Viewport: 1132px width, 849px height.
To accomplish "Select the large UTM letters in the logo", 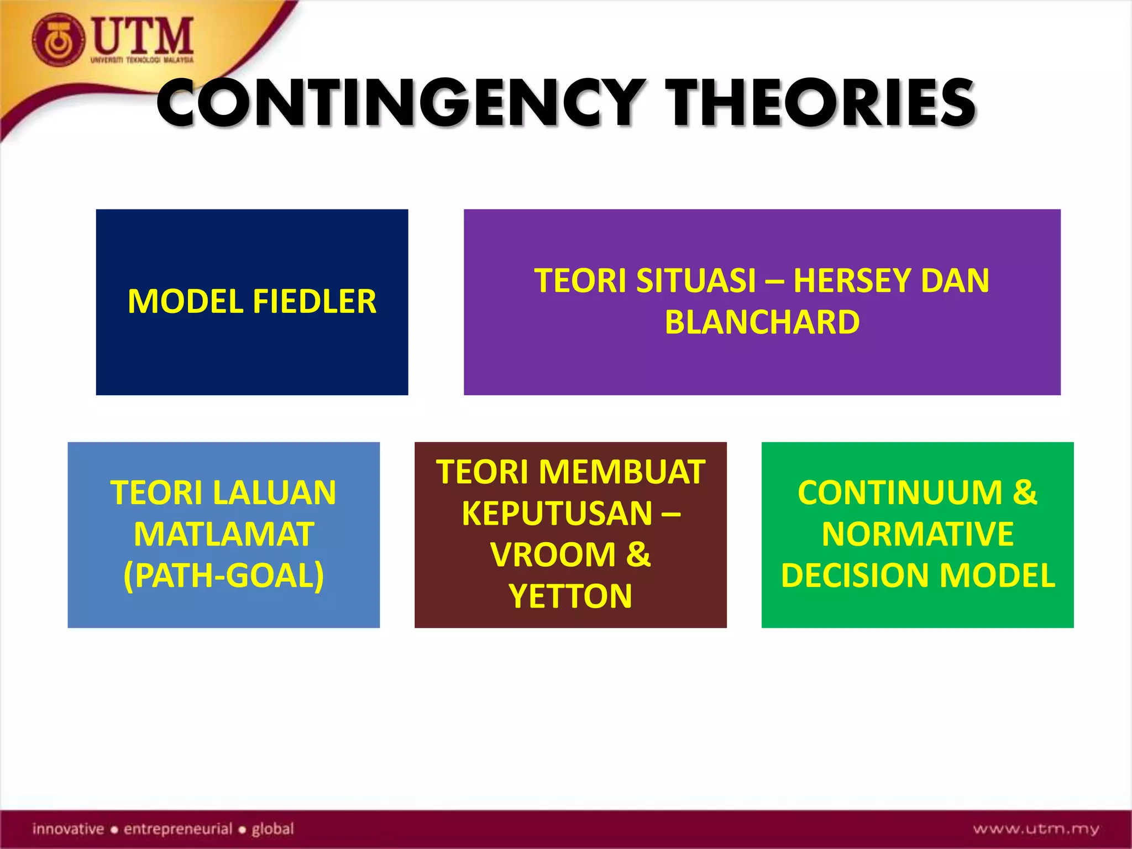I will tap(143, 35).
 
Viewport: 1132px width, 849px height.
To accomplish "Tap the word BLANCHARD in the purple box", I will tap(762, 322).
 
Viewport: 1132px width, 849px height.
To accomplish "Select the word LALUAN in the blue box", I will tap(271, 492).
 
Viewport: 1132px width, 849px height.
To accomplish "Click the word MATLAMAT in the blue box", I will tap(224, 534).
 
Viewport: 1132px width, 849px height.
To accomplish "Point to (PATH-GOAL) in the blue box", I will tap(224, 576).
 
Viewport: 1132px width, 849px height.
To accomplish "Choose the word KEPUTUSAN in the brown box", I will tap(557, 513).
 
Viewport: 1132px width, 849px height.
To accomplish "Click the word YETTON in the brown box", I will tap(570, 596).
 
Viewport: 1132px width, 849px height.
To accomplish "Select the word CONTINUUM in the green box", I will tap(899, 492).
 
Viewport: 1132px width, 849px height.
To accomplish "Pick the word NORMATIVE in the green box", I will tap(918, 534).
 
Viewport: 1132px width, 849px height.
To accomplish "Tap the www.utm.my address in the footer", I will tap(1036, 829).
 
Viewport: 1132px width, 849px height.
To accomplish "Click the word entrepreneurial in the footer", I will tap(177, 829).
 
